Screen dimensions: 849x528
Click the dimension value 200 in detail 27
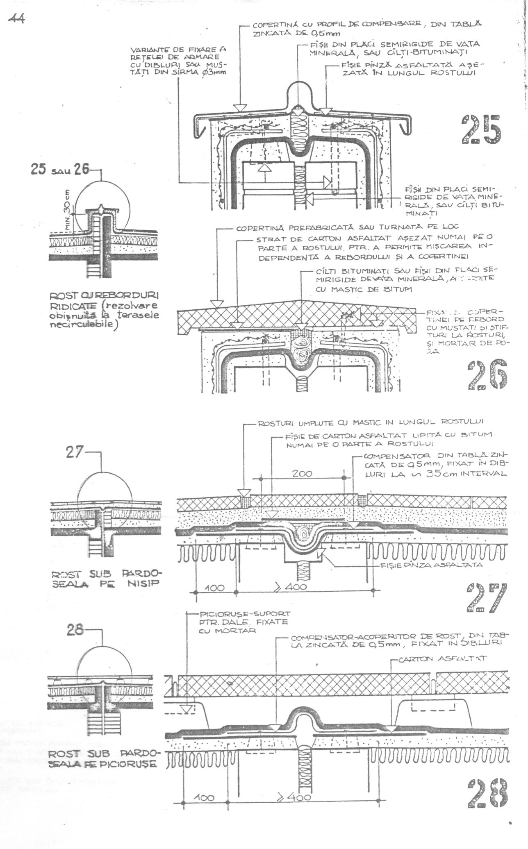(x=302, y=473)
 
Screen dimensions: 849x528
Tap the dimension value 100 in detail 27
(x=214, y=588)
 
